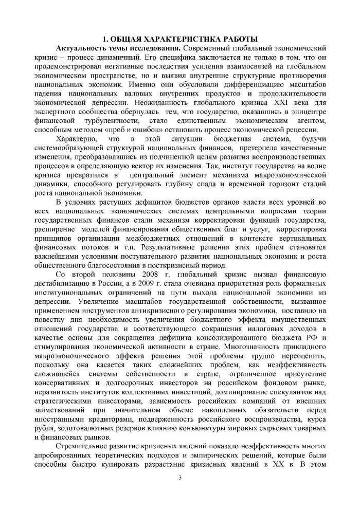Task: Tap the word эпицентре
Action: click(310, 111)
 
